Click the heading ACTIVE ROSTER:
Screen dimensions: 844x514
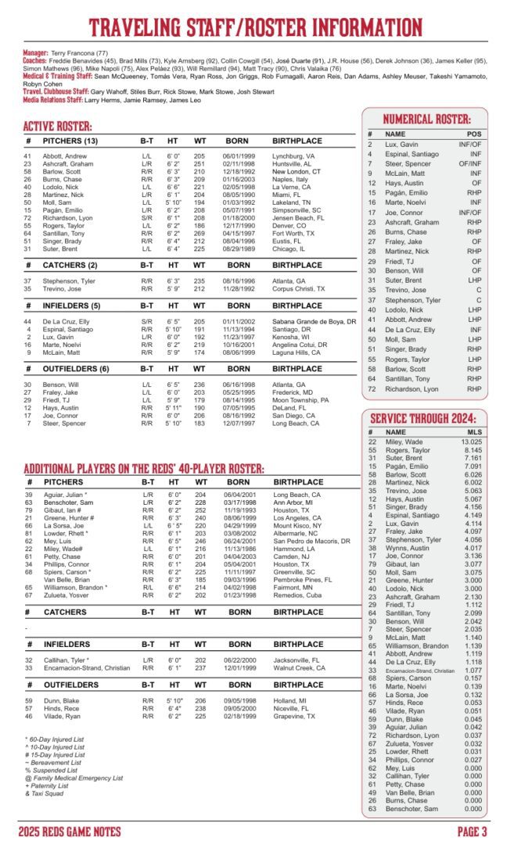point(58,127)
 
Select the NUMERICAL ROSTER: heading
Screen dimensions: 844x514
point(426,120)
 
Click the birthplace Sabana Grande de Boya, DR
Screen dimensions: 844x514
point(315,321)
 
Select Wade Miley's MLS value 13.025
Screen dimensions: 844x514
point(472,442)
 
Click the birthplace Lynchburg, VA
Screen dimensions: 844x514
point(293,156)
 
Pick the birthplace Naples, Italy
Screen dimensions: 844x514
point(290,179)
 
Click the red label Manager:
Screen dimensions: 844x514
point(35,52)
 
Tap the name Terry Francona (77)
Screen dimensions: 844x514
point(81,52)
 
